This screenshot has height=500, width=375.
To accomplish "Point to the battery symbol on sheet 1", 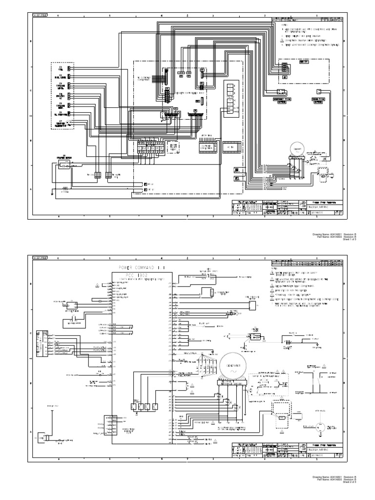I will (x=63, y=187).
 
